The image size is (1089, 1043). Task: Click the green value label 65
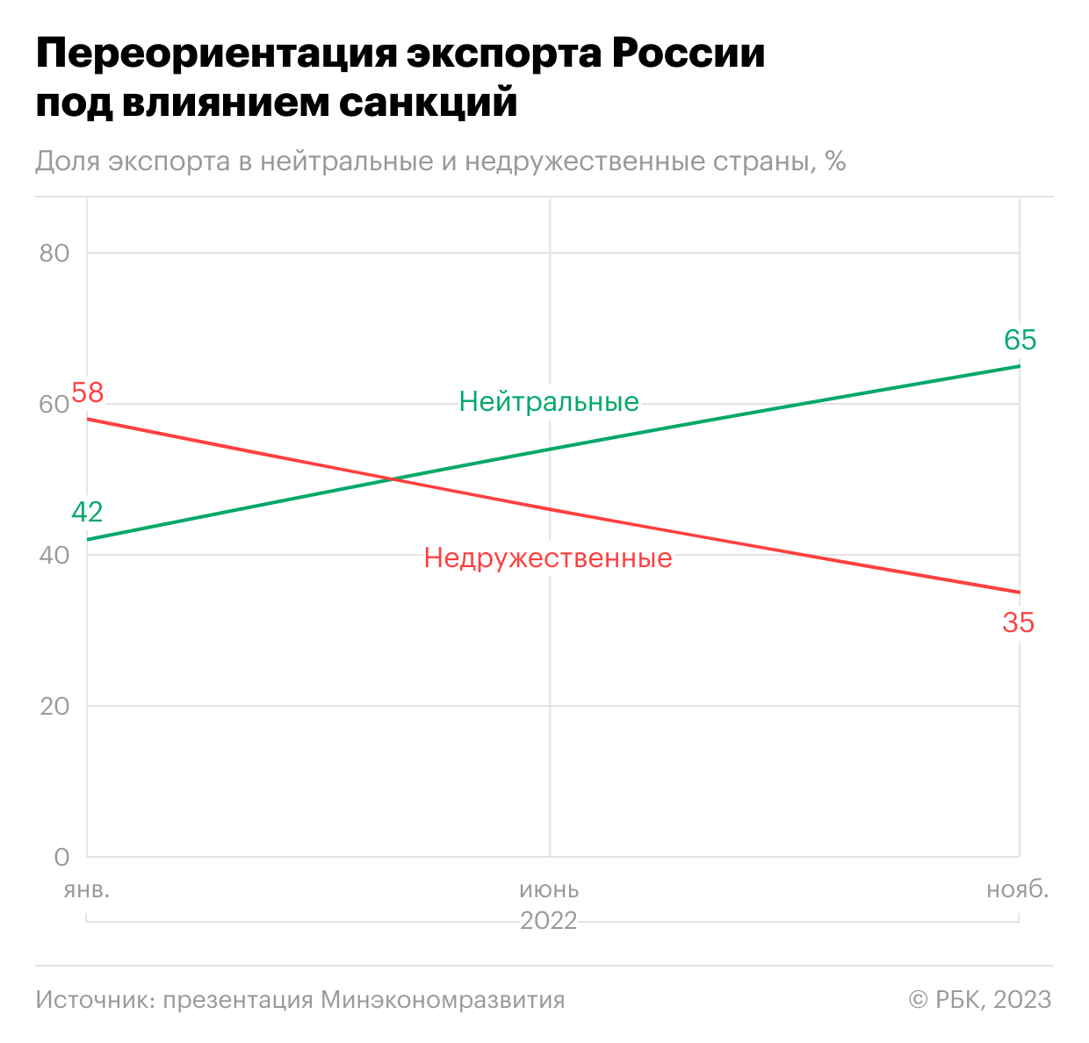(x=1020, y=340)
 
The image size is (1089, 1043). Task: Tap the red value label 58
(x=87, y=392)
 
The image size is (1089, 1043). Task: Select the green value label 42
(x=87, y=512)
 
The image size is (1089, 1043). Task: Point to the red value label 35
(x=1018, y=623)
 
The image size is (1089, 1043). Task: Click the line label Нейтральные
(x=549, y=402)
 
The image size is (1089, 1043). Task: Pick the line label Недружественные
(x=548, y=558)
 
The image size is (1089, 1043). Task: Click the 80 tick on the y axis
(x=54, y=253)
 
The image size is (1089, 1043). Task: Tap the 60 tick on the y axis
(x=54, y=405)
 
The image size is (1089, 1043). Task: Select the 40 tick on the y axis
(x=54, y=556)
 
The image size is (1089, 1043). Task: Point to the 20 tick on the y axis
(x=54, y=707)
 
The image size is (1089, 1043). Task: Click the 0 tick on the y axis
(x=61, y=857)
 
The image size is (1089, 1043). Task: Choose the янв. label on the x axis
(x=87, y=889)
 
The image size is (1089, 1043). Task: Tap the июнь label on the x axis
(x=549, y=889)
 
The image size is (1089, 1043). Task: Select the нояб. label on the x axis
(x=1017, y=889)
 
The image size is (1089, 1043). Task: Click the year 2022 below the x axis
(x=549, y=921)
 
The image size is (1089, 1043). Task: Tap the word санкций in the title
(x=428, y=103)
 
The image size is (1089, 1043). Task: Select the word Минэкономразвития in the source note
(x=443, y=1000)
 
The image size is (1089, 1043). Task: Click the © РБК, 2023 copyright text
(x=979, y=1000)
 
